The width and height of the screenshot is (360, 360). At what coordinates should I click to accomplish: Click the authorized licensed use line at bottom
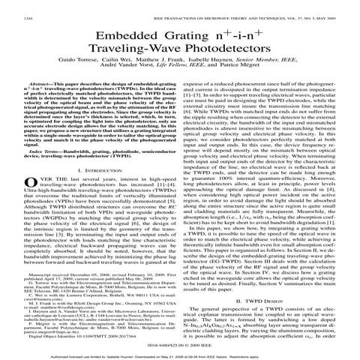(x=180, y=351)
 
